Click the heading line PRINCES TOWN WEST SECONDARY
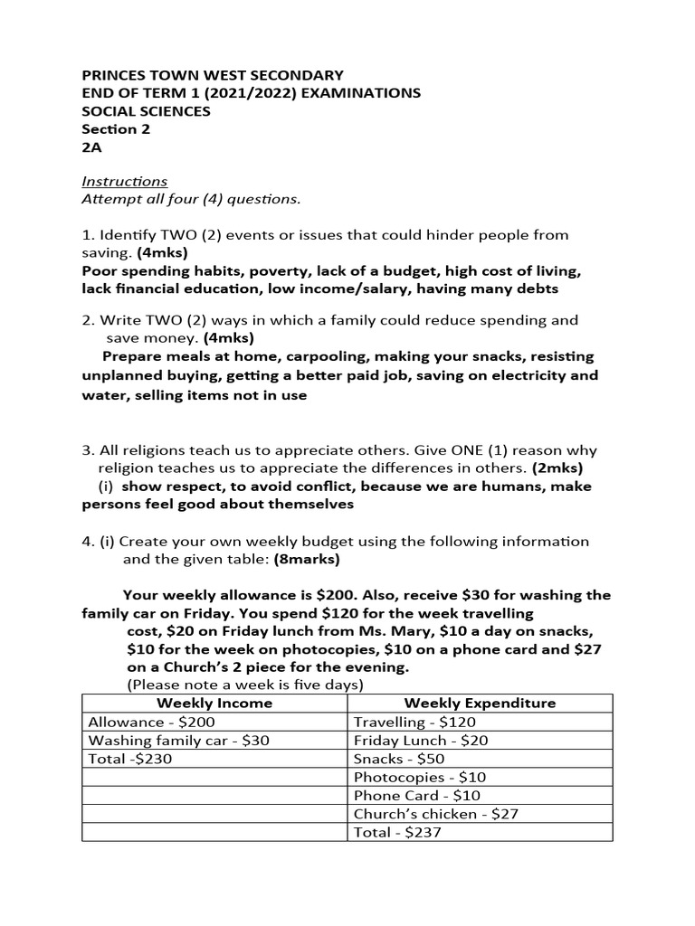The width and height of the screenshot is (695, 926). click(x=213, y=75)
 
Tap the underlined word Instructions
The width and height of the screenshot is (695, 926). click(x=125, y=181)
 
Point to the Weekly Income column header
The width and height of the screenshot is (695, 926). click(x=214, y=703)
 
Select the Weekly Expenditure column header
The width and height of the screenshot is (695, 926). click(x=480, y=703)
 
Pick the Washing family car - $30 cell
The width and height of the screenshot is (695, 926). click(x=177, y=740)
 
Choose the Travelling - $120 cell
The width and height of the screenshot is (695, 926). click(x=414, y=722)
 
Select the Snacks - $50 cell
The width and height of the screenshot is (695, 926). click(x=399, y=759)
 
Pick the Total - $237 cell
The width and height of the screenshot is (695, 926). click(x=397, y=832)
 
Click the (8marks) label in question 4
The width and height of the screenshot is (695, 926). click(x=307, y=559)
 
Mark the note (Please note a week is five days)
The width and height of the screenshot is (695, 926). click(x=245, y=684)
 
